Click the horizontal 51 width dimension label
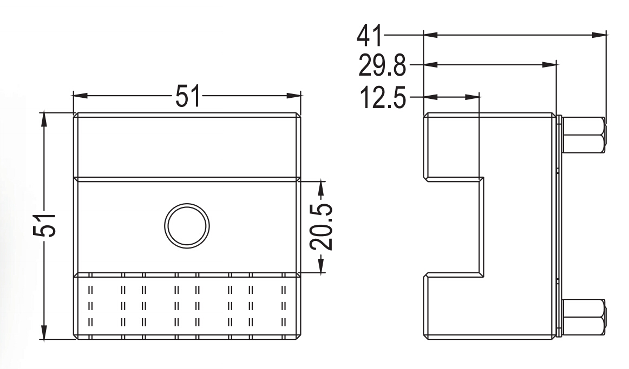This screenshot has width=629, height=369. click(187, 96)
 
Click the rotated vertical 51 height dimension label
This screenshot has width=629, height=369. click(44, 226)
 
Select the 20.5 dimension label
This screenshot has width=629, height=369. click(322, 227)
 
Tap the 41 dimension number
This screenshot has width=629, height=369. click(370, 36)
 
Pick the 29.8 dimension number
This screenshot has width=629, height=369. click(382, 65)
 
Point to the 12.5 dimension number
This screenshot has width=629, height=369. click(383, 98)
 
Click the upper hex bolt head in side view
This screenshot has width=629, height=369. click(584, 135)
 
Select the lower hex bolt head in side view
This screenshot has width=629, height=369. click(584, 317)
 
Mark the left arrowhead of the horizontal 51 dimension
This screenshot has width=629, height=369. click(80, 96)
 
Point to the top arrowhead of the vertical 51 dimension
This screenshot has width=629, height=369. click(44, 119)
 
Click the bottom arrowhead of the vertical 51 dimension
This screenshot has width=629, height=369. click(44, 333)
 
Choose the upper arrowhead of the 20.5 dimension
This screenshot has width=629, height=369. click(322, 189)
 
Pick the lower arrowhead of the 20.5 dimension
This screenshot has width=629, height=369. click(322, 266)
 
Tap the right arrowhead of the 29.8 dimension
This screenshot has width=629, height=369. click(549, 64)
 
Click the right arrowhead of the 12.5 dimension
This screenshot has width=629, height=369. click(472, 97)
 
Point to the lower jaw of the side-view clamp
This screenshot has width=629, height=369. click(451, 306)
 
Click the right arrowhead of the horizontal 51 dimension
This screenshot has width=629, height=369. click(293, 96)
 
